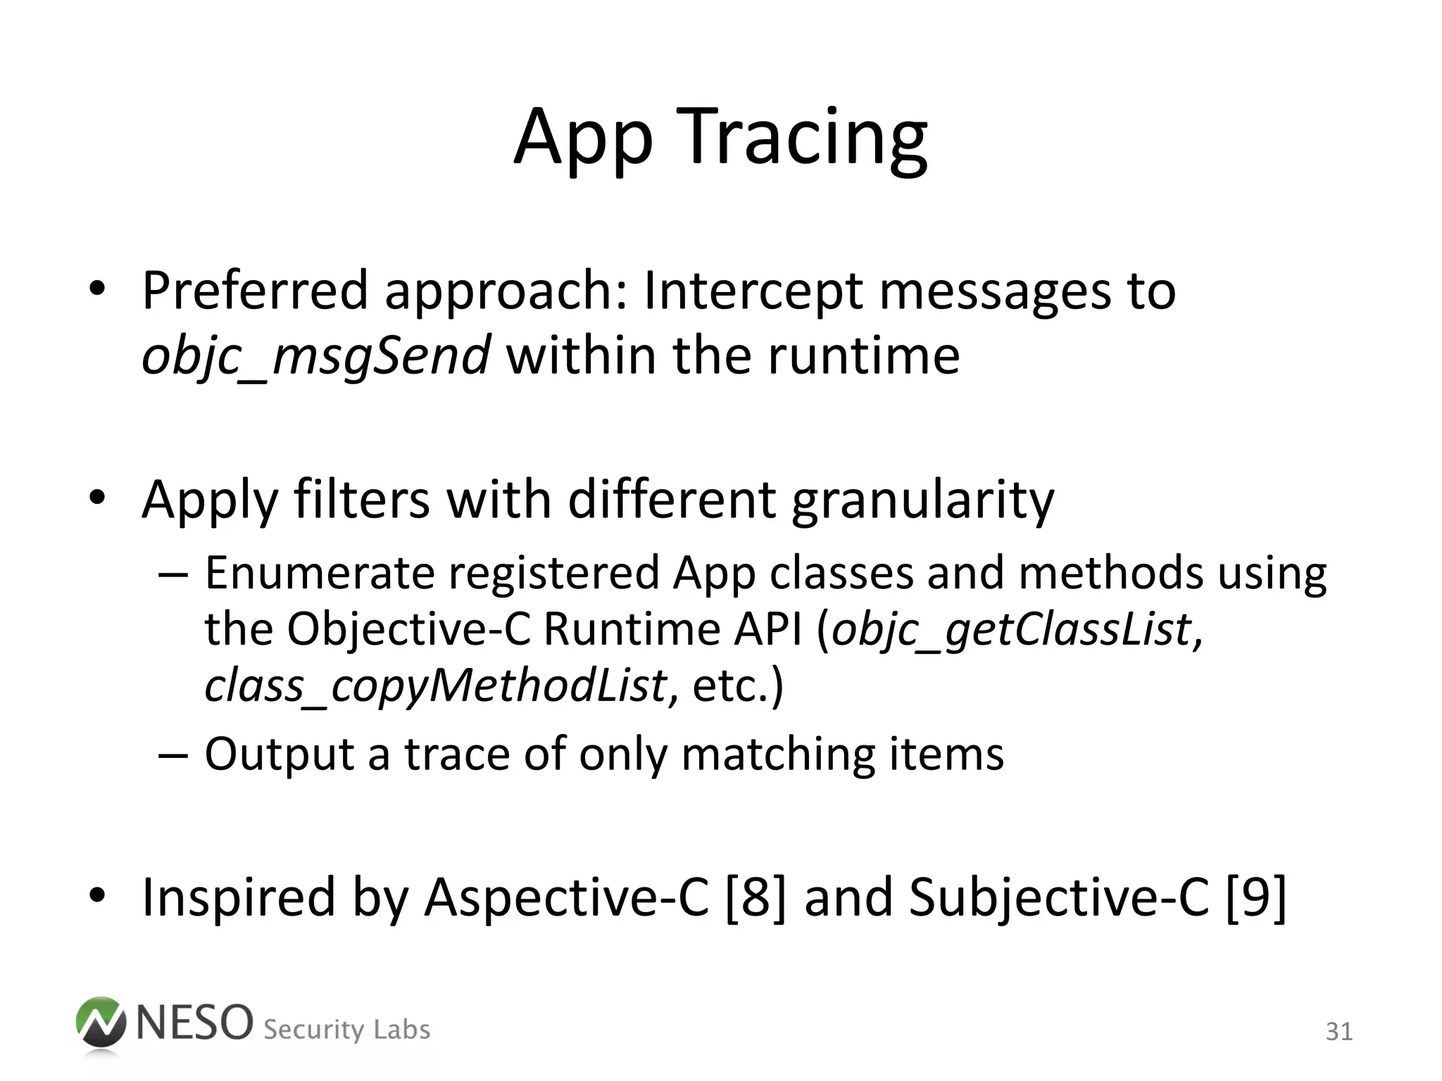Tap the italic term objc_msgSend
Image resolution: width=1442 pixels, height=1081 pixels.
pos(315,355)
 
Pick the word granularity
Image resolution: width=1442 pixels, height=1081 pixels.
pos(922,500)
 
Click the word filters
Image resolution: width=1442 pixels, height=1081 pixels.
pos(361,500)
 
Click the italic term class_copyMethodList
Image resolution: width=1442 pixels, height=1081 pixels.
pos(435,685)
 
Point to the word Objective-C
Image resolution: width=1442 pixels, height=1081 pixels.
pos(408,628)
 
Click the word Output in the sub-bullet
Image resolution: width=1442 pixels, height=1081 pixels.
pos(279,754)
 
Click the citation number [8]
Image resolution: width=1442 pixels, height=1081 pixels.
pos(755,897)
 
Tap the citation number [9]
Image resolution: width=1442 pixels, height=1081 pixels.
pos(1256,897)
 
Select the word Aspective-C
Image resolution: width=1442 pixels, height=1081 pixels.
pos(566,897)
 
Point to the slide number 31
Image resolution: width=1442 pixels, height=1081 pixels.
pos(1338,1032)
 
